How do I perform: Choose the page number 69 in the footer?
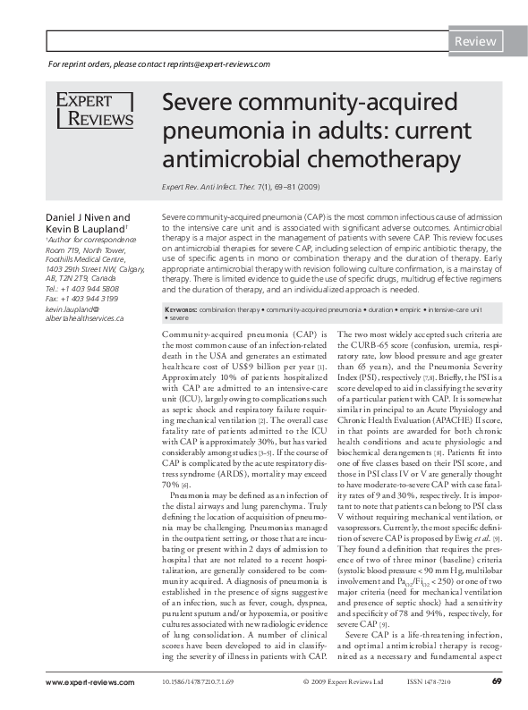point(496,682)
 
